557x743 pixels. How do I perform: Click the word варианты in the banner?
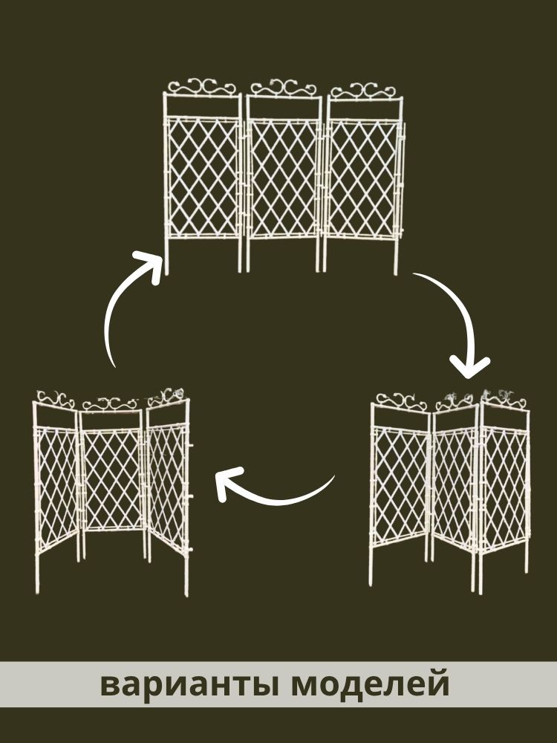(x=189, y=685)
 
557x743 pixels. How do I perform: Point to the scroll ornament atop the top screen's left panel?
(x=202, y=88)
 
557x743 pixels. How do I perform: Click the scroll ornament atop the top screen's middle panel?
(x=283, y=88)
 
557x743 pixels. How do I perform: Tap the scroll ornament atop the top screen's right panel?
(x=362, y=91)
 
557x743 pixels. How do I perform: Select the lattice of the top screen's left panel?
(x=203, y=178)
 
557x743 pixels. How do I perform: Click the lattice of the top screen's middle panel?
(x=283, y=179)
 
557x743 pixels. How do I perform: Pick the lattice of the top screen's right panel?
(x=362, y=179)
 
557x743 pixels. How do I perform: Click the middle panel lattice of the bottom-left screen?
(x=112, y=479)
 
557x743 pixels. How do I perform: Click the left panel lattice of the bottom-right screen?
(x=400, y=488)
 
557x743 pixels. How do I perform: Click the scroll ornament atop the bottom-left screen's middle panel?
(x=110, y=404)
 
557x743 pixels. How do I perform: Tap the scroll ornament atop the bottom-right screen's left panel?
(x=402, y=401)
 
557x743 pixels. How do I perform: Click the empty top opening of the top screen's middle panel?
(x=283, y=108)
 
